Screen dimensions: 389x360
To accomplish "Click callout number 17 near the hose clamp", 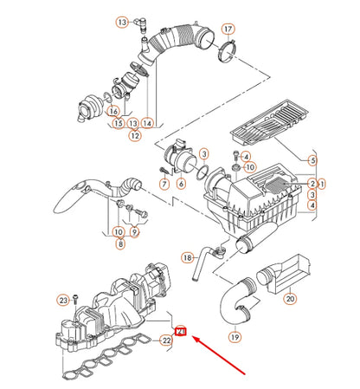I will [x=228, y=29].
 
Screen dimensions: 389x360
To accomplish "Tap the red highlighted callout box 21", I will [x=180, y=330].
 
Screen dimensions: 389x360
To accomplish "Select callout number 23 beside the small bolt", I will [x=63, y=300].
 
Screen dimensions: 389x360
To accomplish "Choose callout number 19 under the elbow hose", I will [x=233, y=336].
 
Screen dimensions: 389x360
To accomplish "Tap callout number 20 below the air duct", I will [x=291, y=299].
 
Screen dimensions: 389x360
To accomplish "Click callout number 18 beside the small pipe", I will [x=187, y=257].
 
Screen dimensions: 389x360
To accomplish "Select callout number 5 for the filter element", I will [x=312, y=160].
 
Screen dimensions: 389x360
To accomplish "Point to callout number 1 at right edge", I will [x=321, y=184].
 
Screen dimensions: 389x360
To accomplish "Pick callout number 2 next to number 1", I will [x=312, y=184].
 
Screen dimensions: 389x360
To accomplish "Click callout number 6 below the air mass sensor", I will [x=181, y=184].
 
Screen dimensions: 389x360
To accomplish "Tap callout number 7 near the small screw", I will [x=163, y=184].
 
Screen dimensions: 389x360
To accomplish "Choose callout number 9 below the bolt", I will [x=135, y=232].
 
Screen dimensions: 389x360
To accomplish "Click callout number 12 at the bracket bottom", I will [x=134, y=136].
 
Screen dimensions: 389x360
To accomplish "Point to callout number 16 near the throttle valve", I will [x=112, y=111].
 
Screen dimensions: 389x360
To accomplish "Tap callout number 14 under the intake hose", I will [x=148, y=124].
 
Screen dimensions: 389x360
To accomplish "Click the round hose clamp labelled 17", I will [x=227, y=55].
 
